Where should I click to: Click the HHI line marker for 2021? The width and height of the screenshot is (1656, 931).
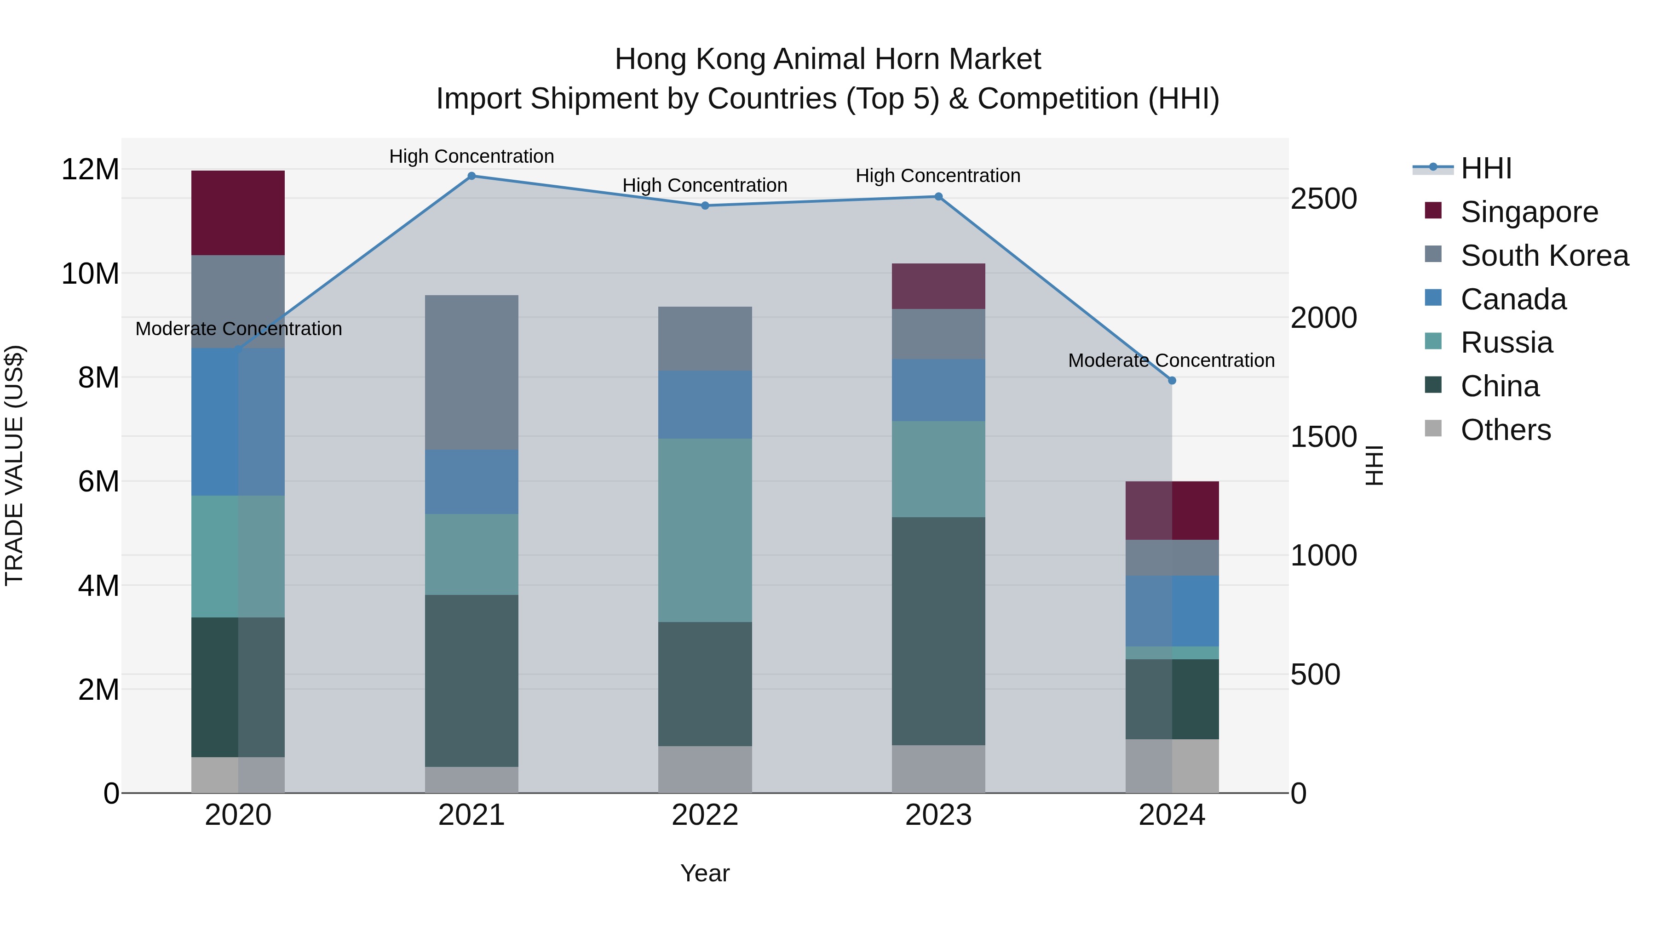click(x=471, y=176)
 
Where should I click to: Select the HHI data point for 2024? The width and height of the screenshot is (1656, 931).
click(x=1171, y=380)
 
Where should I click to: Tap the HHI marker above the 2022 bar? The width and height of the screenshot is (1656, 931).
click(x=705, y=206)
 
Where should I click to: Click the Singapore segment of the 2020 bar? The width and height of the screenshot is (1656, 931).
click(x=238, y=213)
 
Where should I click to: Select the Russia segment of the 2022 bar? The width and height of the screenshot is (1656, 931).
click(x=705, y=530)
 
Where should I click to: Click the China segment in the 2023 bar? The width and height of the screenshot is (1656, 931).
click(x=938, y=631)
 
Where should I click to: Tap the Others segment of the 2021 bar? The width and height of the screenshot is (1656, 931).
click(x=471, y=779)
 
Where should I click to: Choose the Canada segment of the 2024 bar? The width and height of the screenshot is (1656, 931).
click(x=1171, y=611)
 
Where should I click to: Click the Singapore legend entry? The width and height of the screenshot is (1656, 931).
click(x=1529, y=212)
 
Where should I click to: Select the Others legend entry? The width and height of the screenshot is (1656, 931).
click(x=1505, y=430)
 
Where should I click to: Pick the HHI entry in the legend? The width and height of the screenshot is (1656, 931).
click(x=1485, y=168)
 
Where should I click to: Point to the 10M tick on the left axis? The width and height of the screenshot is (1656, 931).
click(x=90, y=274)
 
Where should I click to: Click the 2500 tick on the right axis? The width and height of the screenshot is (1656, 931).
click(x=1323, y=199)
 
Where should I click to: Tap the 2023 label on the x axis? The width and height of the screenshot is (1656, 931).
click(x=938, y=815)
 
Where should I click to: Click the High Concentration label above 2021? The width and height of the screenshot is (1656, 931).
click(x=471, y=156)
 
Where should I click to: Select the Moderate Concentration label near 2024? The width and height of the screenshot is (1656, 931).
click(x=1171, y=360)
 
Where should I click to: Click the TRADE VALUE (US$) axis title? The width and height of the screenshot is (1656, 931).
click(x=14, y=465)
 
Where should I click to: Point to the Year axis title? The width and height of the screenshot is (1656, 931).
click(x=705, y=873)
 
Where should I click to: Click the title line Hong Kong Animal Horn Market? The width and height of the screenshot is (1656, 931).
click(x=828, y=59)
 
